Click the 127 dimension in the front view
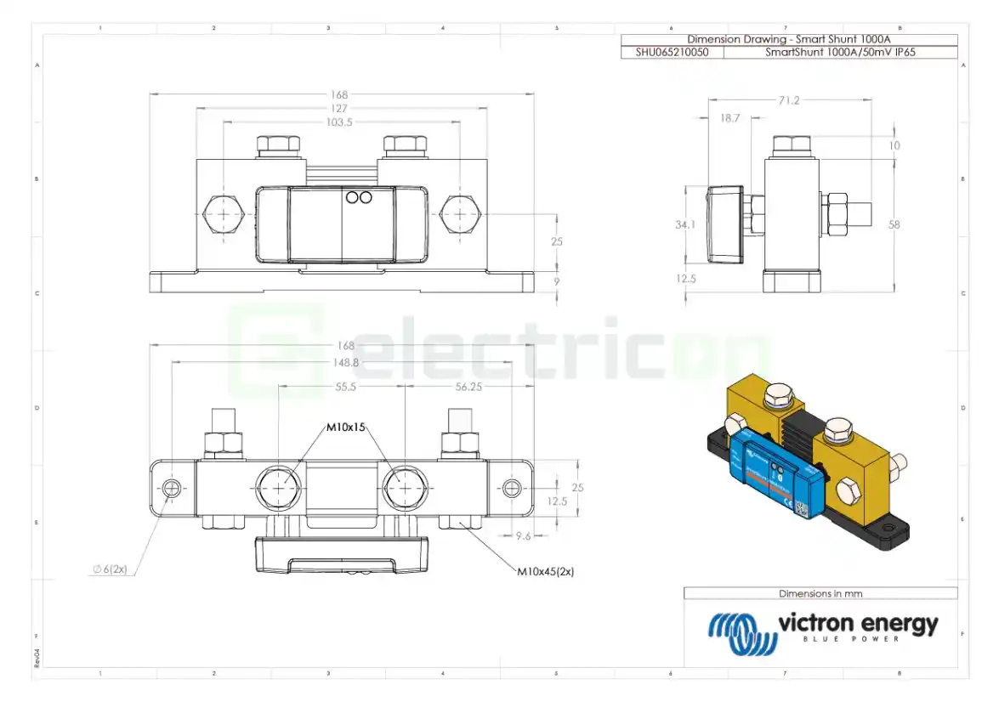(x=339, y=108)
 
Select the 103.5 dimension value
(x=339, y=122)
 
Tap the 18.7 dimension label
(x=729, y=119)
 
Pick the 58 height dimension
(x=893, y=225)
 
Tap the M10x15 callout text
(x=346, y=427)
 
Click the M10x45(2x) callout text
(x=546, y=572)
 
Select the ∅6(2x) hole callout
(x=111, y=569)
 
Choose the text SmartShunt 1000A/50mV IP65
(x=839, y=52)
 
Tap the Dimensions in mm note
(x=820, y=593)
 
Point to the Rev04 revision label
(x=37, y=659)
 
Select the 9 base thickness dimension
(x=557, y=280)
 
